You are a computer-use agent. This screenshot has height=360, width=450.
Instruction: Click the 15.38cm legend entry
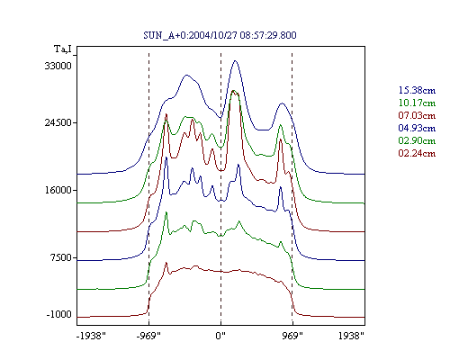point(417,90)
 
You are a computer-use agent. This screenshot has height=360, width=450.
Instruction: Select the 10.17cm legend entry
point(417,103)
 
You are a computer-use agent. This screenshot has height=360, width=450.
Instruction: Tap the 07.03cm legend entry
point(417,115)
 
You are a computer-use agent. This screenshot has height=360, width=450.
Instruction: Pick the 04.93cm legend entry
point(417,128)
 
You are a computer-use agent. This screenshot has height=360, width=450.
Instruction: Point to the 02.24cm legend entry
point(417,153)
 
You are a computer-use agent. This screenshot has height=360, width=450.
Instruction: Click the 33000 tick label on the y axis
point(58,66)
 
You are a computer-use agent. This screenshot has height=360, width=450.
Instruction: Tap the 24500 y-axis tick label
point(58,122)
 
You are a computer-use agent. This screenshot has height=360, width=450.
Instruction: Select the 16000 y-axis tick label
point(58,190)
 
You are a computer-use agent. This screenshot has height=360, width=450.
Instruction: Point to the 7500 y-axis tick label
point(62,257)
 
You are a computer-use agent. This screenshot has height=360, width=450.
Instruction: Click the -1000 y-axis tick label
point(59,314)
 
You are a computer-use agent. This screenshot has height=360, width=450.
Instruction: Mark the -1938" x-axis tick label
point(91,336)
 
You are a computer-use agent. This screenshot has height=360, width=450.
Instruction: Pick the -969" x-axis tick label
point(148,336)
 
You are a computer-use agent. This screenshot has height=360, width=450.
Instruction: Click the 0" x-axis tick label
point(220,336)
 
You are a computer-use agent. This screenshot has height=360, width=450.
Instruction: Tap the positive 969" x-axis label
point(292,336)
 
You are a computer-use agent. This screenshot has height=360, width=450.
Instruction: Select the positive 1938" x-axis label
point(351,336)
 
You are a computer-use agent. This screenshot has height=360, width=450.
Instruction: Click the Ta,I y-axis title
point(63,49)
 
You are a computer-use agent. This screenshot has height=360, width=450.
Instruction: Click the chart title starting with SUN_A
point(220,35)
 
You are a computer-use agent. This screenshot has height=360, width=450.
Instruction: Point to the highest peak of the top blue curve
point(235,61)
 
